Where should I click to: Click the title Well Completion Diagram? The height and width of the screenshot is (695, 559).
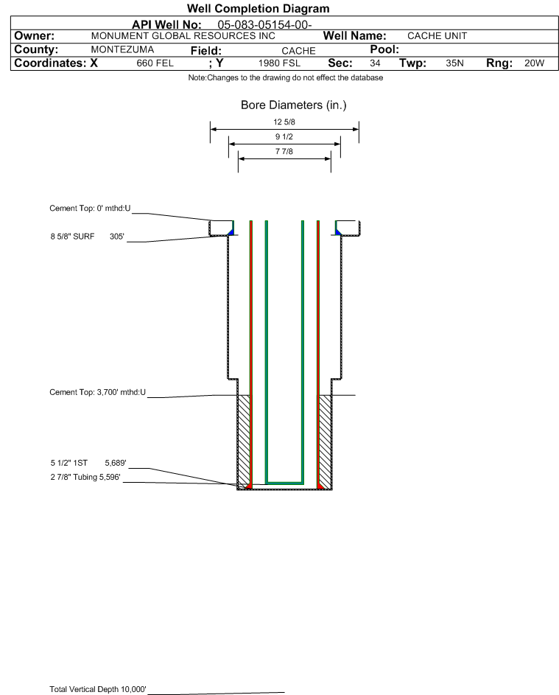pyautogui.click(x=258, y=8)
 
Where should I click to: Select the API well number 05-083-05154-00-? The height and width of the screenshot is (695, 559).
pyautogui.click(x=264, y=25)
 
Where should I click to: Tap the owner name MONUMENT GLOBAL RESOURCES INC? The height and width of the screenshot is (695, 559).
pyautogui.click(x=183, y=36)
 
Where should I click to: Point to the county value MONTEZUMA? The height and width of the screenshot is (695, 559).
pyautogui.click(x=122, y=49)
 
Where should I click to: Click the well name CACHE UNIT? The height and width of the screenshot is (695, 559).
pyautogui.click(x=437, y=36)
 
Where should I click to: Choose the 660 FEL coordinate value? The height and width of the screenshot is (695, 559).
pyautogui.click(x=155, y=63)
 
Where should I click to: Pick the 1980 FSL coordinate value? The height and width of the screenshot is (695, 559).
pyautogui.click(x=279, y=63)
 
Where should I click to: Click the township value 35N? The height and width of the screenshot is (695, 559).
pyautogui.click(x=454, y=63)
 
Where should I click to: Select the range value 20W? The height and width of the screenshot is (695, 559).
pyautogui.click(x=534, y=63)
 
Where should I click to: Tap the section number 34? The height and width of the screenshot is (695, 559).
pyautogui.click(x=375, y=63)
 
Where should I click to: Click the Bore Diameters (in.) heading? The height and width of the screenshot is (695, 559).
pyautogui.click(x=294, y=105)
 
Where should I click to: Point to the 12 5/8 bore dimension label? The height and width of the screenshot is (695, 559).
pyautogui.click(x=284, y=122)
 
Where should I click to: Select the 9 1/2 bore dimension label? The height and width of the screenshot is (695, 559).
pyautogui.click(x=284, y=136)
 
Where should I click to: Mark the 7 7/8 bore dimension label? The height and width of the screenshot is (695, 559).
pyautogui.click(x=284, y=151)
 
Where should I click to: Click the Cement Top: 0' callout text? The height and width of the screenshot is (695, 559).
pyautogui.click(x=90, y=209)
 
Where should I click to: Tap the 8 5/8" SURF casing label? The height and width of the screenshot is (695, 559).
pyautogui.click(x=72, y=237)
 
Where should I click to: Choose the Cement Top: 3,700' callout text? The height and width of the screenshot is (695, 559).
pyautogui.click(x=97, y=392)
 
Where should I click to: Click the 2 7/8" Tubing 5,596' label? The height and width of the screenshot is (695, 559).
pyautogui.click(x=85, y=478)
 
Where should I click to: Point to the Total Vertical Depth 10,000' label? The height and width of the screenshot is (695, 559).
pyautogui.click(x=98, y=689)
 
